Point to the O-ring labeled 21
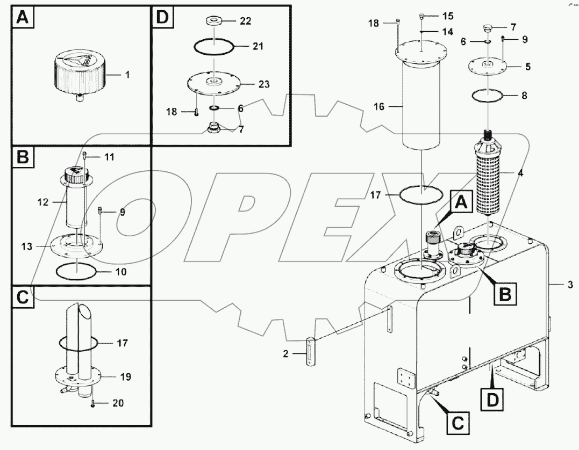pos(213,47)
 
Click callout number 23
pos(264,84)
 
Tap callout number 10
pos(121,272)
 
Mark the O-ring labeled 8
pos(488,96)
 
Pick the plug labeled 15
pos(422,16)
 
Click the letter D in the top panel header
pos(162,18)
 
